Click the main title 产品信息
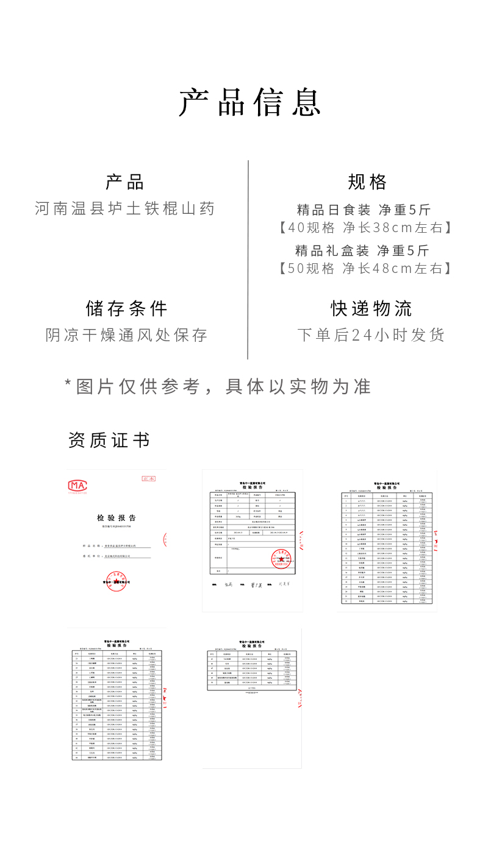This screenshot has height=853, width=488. [x=249, y=102]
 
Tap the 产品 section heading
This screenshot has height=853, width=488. [x=125, y=182]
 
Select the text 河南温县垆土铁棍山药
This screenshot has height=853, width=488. [x=125, y=208]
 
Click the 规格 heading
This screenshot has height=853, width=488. [x=367, y=182]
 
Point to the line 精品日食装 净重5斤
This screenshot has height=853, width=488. [x=364, y=210]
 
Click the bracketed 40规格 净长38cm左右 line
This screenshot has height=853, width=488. [x=365, y=228]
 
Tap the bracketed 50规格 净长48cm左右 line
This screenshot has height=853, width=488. [x=365, y=268]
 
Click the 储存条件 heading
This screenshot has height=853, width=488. [x=126, y=308]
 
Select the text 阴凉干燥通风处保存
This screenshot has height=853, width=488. [x=126, y=335]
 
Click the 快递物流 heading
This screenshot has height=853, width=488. [x=371, y=308]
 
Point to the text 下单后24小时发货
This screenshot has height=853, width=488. [x=371, y=335]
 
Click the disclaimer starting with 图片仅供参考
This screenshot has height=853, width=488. [x=218, y=386]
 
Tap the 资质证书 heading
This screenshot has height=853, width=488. [x=109, y=440]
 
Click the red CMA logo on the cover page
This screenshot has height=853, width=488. [x=77, y=486]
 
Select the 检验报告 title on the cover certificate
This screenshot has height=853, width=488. [x=117, y=517]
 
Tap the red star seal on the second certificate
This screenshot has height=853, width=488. [x=281, y=559]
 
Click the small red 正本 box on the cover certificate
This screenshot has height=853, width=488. [x=148, y=479]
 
